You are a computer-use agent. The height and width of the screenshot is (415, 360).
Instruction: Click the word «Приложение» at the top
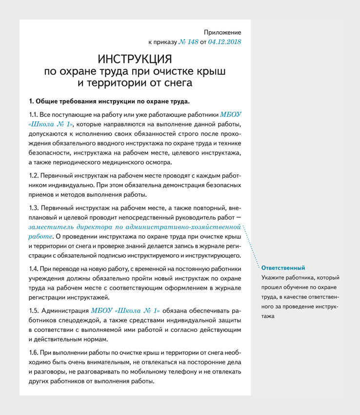(x=222, y=32)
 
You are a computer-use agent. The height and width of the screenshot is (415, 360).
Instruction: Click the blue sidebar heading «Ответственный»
(x=283, y=268)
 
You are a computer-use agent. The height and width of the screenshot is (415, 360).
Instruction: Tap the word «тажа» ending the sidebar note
(x=268, y=316)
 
